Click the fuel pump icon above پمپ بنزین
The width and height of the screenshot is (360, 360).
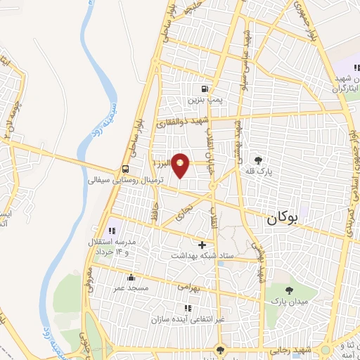coord(205,89)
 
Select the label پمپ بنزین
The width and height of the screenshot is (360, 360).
coord(205,101)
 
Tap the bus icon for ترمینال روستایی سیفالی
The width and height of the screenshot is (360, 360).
coord(124,169)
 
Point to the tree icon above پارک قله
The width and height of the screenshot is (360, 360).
coord(259,159)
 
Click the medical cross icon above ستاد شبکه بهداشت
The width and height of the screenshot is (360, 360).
coord(202,245)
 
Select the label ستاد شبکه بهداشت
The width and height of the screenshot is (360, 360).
coord(202,256)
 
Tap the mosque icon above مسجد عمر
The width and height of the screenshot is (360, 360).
coord(130,277)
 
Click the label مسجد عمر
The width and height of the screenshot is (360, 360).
coord(130,288)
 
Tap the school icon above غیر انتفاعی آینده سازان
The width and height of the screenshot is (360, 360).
coord(187,308)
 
